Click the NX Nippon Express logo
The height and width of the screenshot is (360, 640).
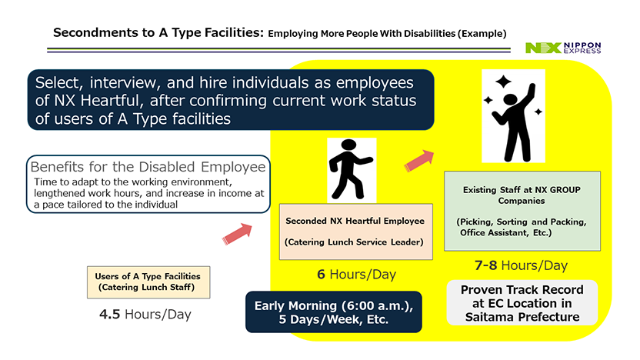[x=563, y=48]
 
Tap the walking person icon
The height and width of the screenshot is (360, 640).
[x=350, y=169]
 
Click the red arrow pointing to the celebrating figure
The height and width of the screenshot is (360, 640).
[x=419, y=161]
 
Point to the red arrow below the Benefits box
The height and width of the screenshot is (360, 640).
[x=237, y=234]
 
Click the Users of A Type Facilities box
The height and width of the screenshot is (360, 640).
[x=148, y=282]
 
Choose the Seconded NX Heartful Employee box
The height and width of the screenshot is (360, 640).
[x=356, y=232]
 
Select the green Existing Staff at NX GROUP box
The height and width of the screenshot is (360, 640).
[x=522, y=211]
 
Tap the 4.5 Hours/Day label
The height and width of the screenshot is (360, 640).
[x=145, y=315]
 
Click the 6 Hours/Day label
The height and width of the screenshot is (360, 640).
[x=356, y=275]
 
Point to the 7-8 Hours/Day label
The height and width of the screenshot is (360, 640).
[x=521, y=265]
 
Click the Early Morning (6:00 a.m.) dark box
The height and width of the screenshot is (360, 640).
[x=334, y=312]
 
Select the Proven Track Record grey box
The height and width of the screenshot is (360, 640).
[x=522, y=303]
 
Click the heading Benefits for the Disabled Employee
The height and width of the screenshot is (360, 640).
[x=148, y=166]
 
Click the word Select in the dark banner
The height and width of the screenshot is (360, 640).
[x=58, y=83]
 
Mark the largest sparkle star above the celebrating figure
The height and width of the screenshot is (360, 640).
[x=503, y=82]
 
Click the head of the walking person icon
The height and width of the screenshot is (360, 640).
[x=348, y=145]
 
